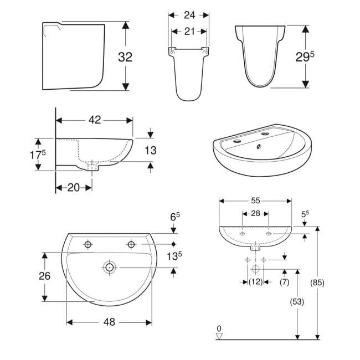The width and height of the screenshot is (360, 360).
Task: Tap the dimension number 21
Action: coord(189,32)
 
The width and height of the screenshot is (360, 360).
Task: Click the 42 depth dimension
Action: coord(94,119)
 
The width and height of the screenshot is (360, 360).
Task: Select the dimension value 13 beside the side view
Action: coord(150,150)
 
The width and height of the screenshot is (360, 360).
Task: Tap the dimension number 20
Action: coord(73,188)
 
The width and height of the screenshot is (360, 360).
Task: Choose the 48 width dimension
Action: coord(109,322)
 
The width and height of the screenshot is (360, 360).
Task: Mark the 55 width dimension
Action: coord(255,200)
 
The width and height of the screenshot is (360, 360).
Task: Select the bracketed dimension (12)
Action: coord(255,282)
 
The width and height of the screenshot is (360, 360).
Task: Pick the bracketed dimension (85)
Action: coord(318,282)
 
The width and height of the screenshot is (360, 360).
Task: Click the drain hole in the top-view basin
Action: coord(109,268)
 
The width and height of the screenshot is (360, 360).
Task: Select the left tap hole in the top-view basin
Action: coord(88,244)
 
